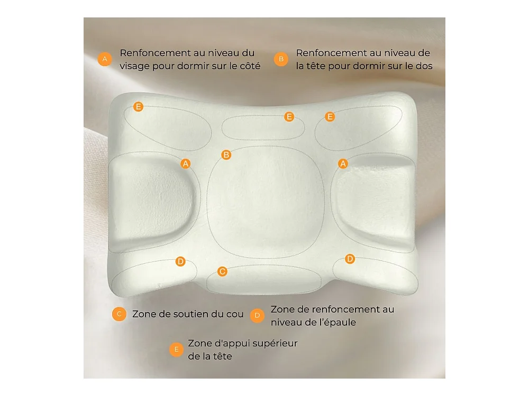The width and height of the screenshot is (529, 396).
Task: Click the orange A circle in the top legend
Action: [105, 59]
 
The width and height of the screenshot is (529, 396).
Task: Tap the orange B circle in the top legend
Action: [281, 59]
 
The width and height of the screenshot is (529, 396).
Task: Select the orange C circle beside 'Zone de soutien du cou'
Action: [119, 314]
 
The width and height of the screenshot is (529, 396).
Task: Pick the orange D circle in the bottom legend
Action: [257, 316]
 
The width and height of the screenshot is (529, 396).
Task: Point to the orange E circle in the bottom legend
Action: [176, 350]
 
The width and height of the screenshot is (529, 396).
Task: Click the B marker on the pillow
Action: [226, 155]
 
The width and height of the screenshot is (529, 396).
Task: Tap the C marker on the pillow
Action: [222, 271]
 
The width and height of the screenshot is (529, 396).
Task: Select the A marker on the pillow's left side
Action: [186, 164]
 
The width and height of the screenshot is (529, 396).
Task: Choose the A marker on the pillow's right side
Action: [343, 164]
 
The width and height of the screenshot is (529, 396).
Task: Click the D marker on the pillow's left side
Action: [180, 261]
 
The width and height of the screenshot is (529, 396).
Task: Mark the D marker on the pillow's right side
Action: [350, 259]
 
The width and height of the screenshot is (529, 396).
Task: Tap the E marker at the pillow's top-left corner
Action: [138, 107]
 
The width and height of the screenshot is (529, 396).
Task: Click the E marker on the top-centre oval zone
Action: [289, 117]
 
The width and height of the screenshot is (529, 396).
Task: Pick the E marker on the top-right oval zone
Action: [330, 117]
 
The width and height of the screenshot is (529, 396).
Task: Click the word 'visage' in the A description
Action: [134, 67]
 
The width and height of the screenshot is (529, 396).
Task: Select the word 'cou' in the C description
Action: [235, 315]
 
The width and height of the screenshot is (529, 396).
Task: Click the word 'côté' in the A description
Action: [250, 65]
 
